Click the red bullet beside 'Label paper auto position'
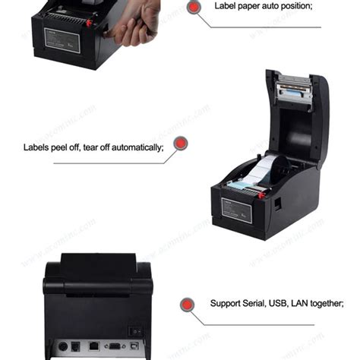point(194,8)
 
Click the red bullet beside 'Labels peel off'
point(180,143)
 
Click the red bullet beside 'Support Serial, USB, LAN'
point(186,305)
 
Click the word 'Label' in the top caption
point(227,6)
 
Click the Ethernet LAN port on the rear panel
point(93,346)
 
